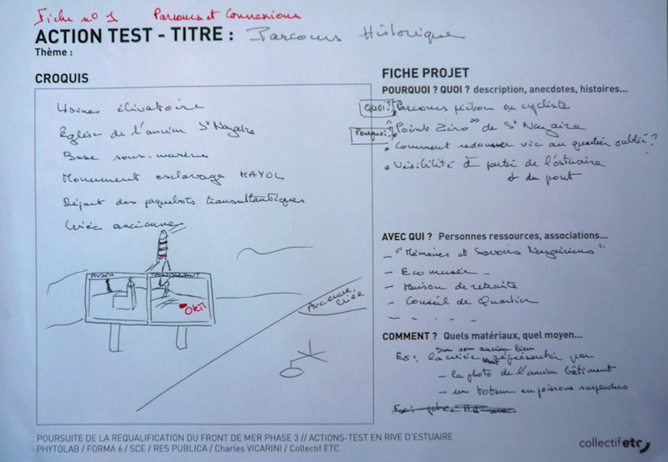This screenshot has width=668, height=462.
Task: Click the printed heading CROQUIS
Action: point(62,78)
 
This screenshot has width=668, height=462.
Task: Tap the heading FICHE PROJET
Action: point(425,73)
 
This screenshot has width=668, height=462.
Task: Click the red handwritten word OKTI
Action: point(194,309)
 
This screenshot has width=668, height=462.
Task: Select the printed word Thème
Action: point(53,52)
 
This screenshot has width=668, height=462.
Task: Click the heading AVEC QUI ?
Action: point(407,236)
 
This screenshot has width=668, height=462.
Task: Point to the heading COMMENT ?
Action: point(410,336)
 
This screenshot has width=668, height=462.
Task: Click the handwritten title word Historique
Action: point(410,36)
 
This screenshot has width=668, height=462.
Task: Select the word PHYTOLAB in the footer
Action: point(62,448)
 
